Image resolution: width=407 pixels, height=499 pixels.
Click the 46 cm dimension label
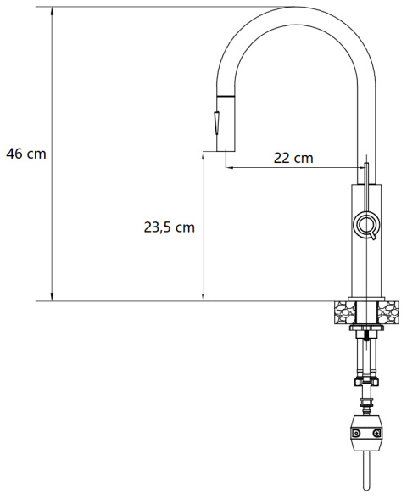[x=26, y=154]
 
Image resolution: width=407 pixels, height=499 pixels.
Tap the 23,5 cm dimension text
[x=170, y=227]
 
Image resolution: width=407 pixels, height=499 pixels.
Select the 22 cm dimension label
[x=293, y=158]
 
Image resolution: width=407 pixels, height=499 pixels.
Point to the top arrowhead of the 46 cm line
[x=53, y=11]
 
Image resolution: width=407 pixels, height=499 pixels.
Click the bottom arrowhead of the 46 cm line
[x=53, y=297]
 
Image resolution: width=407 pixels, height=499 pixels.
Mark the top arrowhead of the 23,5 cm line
[x=203, y=156]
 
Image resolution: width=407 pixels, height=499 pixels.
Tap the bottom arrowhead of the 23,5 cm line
[x=203, y=297]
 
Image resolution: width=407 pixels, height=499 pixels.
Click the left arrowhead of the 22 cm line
[x=230, y=167]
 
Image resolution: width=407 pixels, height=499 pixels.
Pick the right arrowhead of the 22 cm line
[x=360, y=167]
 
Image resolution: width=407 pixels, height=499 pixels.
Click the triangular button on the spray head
[x=217, y=125]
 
